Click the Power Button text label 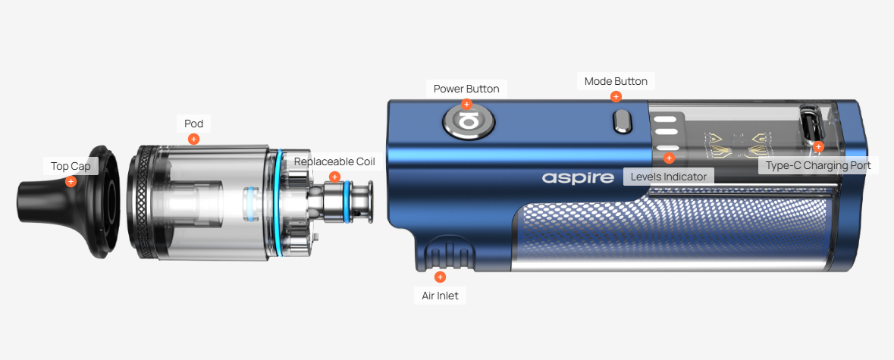(466, 89)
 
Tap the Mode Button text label (616, 81)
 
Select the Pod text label (194, 124)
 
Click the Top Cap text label (71, 166)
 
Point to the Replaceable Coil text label (334, 161)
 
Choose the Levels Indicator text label (669, 177)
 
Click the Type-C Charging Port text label (818, 166)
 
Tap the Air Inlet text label (440, 296)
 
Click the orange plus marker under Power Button (467, 105)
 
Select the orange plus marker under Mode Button (616, 97)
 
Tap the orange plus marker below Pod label (194, 139)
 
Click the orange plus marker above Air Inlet (440, 277)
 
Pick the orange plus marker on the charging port (819, 147)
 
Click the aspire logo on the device (578, 177)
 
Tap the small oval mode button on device (621, 123)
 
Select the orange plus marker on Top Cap (71, 182)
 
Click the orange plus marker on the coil (334, 177)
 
